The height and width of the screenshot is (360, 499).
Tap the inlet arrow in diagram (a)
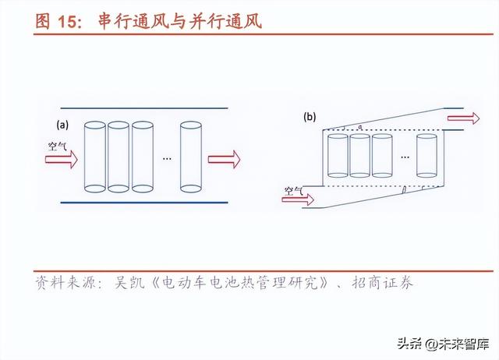tap(61, 160)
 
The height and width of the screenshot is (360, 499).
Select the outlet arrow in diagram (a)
tap(224, 160)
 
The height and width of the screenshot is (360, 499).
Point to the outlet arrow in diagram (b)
tap(463, 118)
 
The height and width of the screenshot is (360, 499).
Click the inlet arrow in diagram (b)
tap(297, 200)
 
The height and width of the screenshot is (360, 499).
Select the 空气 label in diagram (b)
tap(293, 188)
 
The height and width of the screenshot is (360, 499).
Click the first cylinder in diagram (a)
tap(94, 156)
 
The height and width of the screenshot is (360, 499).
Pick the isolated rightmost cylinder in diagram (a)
tap(191, 156)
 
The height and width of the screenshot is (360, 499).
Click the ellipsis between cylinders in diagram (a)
tap(166, 158)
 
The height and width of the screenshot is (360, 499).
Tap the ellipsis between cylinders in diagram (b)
tap(404, 157)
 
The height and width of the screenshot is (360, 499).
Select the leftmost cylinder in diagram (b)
tap(337, 155)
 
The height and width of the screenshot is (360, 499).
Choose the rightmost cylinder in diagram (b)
tap(426, 155)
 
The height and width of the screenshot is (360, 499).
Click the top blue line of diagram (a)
tap(143, 108)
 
